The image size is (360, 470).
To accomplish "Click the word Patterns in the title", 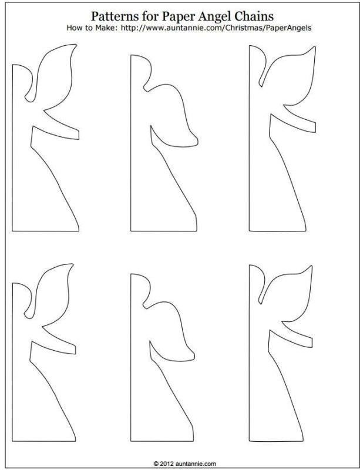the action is tap(112, 16).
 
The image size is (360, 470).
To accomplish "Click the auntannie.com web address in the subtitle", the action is tap(216, 28).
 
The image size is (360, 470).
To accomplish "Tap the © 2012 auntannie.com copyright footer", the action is tap(184, 464).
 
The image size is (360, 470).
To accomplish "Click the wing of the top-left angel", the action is tap(55, 76).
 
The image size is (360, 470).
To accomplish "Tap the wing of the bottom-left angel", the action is tap(53, 296).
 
